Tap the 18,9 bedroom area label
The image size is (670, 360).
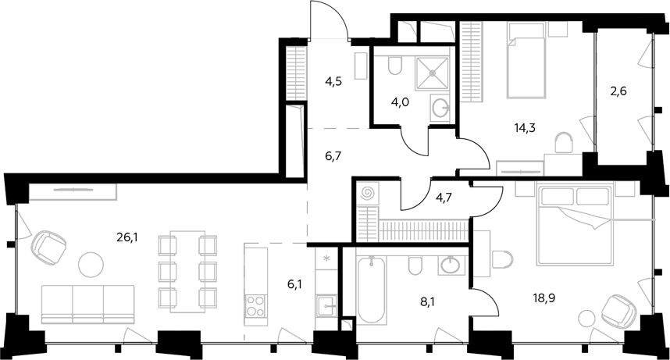(544, 298)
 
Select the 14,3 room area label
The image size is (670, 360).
(526, 127)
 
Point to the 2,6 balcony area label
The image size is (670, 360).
(618, 91)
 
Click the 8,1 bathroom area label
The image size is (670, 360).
(428, 303)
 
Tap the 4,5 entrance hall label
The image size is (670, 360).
(333, 81)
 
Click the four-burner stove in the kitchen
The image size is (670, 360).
(255, 305)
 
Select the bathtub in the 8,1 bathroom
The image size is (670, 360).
(371, 290)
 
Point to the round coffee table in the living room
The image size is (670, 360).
(91, 264)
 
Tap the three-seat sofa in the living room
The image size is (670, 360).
(88, 304)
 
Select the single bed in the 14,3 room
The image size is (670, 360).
(526, 61)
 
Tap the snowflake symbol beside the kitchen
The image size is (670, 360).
(326, 258)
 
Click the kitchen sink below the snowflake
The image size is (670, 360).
(326, 306)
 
